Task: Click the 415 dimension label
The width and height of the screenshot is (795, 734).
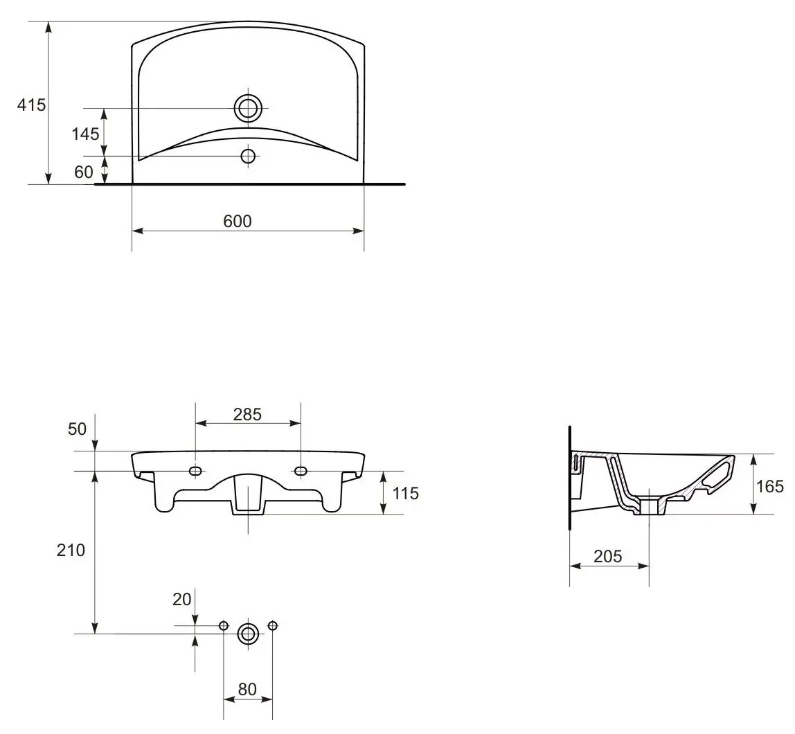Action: coord(31,105)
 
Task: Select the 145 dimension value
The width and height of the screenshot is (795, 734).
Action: coord(85,134)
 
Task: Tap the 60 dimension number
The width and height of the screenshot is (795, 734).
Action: coord(84,172)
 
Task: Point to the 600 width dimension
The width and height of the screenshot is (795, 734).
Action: coord(238,221)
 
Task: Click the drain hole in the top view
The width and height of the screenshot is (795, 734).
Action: coord(248,108)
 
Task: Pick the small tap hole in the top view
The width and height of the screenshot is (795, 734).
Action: coord(248,156)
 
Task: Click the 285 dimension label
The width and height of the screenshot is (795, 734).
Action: coord(247,415)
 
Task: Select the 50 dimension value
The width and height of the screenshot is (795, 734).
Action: coord(77,429)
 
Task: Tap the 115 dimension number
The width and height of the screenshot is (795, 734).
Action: coord(406,493)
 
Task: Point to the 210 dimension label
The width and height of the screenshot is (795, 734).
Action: coord(71,550)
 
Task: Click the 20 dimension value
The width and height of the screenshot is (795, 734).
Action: coord(181,599)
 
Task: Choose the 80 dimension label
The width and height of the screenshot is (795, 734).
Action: coord(247,690)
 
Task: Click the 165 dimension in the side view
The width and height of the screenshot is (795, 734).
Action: coord(770,487)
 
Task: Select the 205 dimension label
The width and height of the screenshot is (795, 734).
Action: coord(608,557)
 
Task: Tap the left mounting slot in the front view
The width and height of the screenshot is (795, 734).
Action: coord(195,471)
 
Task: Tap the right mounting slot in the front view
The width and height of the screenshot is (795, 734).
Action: coord(301,471)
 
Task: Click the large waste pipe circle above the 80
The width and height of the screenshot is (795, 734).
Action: coord(248,634)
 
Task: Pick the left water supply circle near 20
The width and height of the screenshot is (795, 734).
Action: coord(224,625)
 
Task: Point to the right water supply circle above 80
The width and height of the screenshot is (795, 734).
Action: coord(272,625)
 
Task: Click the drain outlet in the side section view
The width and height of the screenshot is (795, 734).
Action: coord(650,507)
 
